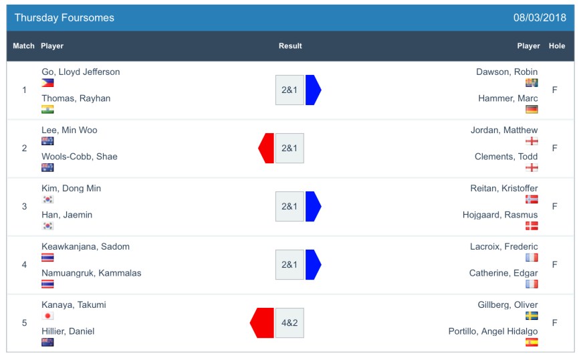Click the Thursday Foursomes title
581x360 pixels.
(x=64, y=18)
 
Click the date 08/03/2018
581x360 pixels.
(x=539, y=18)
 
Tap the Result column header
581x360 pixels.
(x=290, y=46)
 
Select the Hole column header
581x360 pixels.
(x=556, y=46)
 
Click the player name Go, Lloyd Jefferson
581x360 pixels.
(x=81, y=72)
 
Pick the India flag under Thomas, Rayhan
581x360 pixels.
(x=47, y=110)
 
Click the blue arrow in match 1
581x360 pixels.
(x=313, y=90)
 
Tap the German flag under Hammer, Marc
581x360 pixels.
(x=532, y=110)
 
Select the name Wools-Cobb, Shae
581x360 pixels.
(x=80, y=157)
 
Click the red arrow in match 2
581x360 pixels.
(x=266, y=148)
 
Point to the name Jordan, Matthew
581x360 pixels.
(x=504, y=130)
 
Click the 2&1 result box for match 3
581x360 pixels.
(x=289, y=206)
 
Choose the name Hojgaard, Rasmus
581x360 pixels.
(x=500, y=215)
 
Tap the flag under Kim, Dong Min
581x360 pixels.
(x=47, y=199)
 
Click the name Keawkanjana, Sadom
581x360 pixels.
(x=86, y=247)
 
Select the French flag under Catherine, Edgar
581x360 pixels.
(x=532, y=284)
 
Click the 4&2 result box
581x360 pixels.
(x=289, y=323)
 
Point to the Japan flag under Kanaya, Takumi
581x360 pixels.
(x=47, y=316)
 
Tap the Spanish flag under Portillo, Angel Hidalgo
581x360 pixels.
(x=532, y=343)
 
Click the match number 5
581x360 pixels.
(x=25, y=323)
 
